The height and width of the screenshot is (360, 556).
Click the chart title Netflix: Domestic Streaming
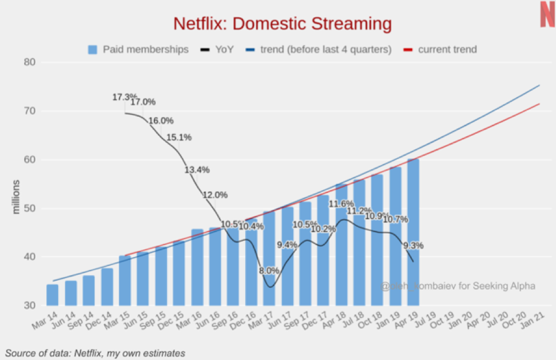click(282, 24)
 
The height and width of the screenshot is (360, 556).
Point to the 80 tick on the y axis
click(30, 62)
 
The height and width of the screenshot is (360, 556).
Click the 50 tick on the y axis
click(30, 208)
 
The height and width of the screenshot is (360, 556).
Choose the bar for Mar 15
click(125, 281)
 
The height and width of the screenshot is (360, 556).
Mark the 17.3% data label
click(124, 97)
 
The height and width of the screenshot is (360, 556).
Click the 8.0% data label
click(269, 271)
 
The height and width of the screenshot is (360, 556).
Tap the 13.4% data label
click(197, 169)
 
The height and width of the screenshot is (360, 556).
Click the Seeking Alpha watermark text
click(458, 286)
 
